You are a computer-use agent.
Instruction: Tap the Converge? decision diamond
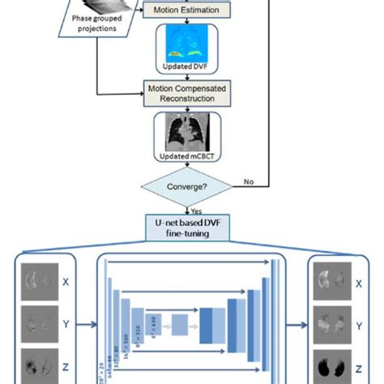(x=192, y=188)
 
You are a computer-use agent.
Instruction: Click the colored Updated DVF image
(x=192, y=45)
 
